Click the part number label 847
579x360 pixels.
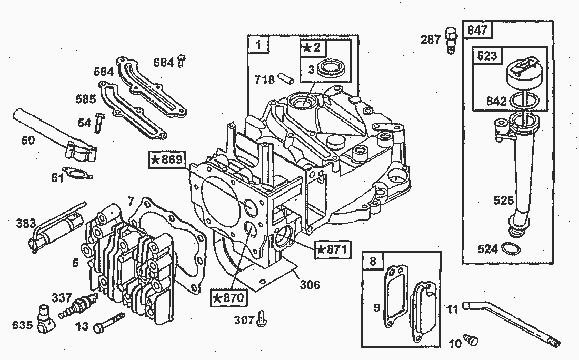[477, 30]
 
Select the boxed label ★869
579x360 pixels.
[167, 159]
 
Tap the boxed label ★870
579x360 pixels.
[229, 297]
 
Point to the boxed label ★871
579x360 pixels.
[332, 249]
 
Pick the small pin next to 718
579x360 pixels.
[286, 78]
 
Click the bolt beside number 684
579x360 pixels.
[181, 61]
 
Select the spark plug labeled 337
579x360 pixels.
[78, 306]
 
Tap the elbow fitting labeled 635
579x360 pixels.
[46, 318]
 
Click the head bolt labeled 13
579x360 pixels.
[109, 323]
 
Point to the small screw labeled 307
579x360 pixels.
[262, 318]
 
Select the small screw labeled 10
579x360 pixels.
[471, 339]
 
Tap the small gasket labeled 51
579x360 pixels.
[77, 174]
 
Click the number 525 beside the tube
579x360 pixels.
[504, 201]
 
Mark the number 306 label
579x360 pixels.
[310, 285]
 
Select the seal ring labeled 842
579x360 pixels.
[524, 101]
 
